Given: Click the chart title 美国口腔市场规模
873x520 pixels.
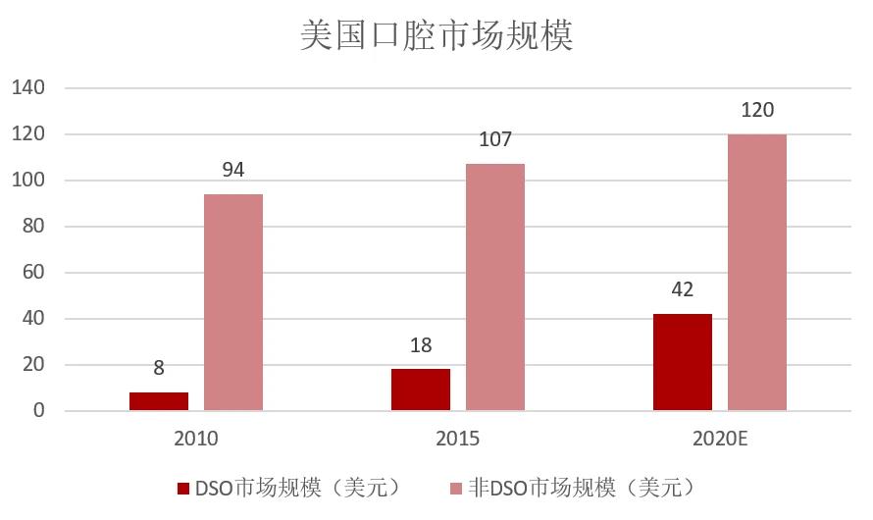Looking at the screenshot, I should [436, 35].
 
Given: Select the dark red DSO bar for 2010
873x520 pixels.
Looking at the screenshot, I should [159, 401].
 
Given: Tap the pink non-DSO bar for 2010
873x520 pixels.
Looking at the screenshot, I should [233, 302].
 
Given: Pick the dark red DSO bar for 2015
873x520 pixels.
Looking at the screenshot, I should [421, 390].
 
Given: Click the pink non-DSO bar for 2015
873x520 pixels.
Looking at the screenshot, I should [495, 287].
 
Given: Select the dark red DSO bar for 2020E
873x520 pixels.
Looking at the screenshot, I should [683, 362].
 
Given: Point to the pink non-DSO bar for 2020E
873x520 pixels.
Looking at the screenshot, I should [757, 272].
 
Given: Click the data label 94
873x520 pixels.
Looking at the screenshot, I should [233, 170].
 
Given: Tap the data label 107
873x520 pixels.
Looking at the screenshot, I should [495, 139].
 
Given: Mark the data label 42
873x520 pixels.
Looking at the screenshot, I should [683, 289].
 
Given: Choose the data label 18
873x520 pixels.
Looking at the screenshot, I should [421, 345].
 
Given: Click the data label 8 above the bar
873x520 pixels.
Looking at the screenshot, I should [159, 369].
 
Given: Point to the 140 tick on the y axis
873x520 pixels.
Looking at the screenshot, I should [27, 88].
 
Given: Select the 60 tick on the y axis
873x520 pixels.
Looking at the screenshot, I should [33, 273].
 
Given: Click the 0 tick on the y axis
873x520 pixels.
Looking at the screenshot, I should [38, 411].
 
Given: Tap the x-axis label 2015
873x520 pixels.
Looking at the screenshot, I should [458, 438].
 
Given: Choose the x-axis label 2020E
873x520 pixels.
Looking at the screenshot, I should [720, 438].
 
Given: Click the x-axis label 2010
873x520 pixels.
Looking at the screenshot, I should [196, 438].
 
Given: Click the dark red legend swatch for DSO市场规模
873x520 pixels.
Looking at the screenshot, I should [181, 488].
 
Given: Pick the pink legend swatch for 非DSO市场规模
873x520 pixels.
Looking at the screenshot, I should [455, 488].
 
